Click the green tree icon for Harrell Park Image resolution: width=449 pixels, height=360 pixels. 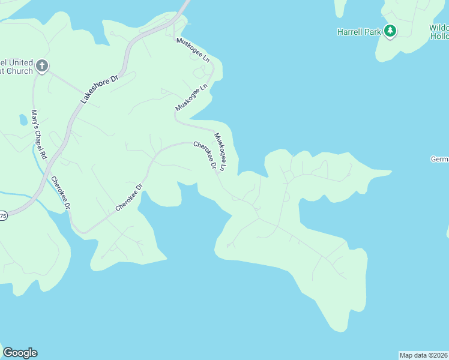click(x=390, y=31)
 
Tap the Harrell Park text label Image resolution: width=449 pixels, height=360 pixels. click(x=359, y=32)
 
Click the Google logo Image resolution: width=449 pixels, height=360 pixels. click(x=20, y=353)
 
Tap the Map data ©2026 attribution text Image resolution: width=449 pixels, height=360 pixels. click(x=423, y=355)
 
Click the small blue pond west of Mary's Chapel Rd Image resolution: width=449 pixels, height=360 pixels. click(x=23, y=120)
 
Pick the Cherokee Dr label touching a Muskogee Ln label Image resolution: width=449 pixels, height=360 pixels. click(x=205, y=155)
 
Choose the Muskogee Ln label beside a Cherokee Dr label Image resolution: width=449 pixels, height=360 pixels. click(x=220, y=152)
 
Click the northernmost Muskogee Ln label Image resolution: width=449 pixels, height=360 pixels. click(x=193, y=50)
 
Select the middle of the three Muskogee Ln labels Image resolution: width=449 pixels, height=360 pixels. click(x=191, y=96)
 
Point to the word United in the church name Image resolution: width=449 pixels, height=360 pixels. click(x=21, y=63)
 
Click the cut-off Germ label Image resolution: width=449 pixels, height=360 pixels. click(x=439, y=159)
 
